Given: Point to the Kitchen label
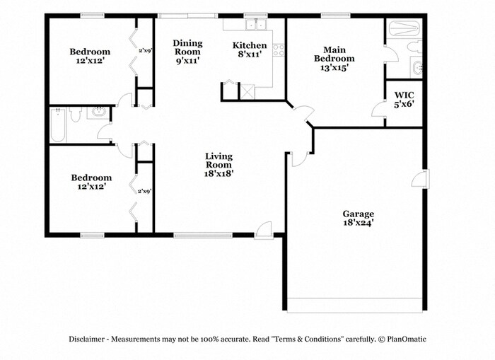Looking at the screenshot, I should coord(250,46).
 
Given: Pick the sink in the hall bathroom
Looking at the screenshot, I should coord(98,113).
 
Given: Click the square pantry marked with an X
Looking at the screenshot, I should coord(248,91).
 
